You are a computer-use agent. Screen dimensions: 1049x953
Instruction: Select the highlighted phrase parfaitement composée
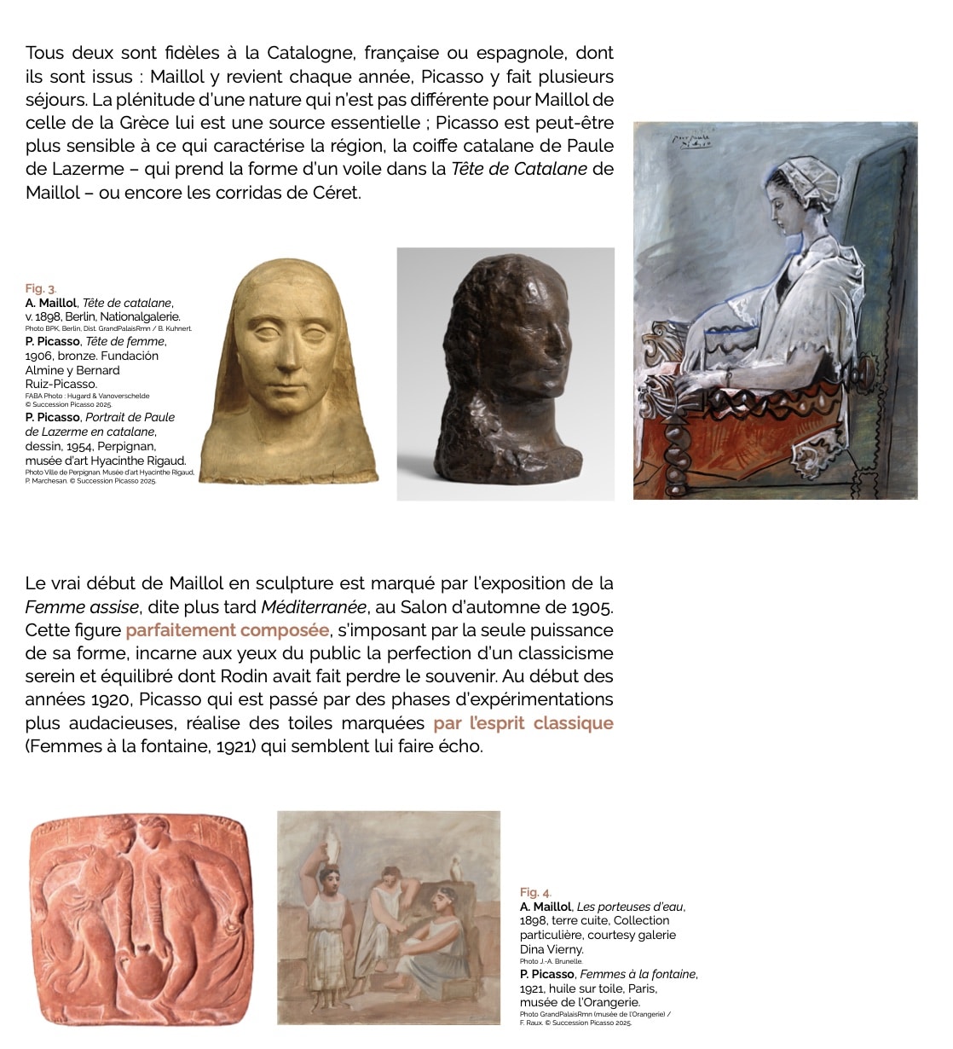tap(228, 631)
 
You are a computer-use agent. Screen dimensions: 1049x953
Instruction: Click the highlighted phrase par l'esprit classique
tap(523, 723)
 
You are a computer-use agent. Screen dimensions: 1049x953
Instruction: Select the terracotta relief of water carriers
tap(142, 920)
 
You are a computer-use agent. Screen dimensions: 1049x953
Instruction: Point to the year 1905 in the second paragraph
tap(592, 608)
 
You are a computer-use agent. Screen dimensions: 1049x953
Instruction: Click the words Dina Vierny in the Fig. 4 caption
tap(552, 949)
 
